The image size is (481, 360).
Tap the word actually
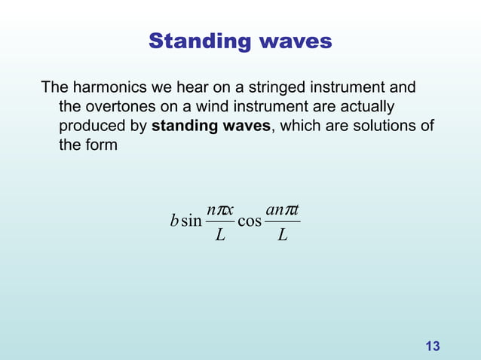pos(365,106)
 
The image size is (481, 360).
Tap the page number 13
pos(433,346)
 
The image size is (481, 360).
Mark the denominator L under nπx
pos(219,236)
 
